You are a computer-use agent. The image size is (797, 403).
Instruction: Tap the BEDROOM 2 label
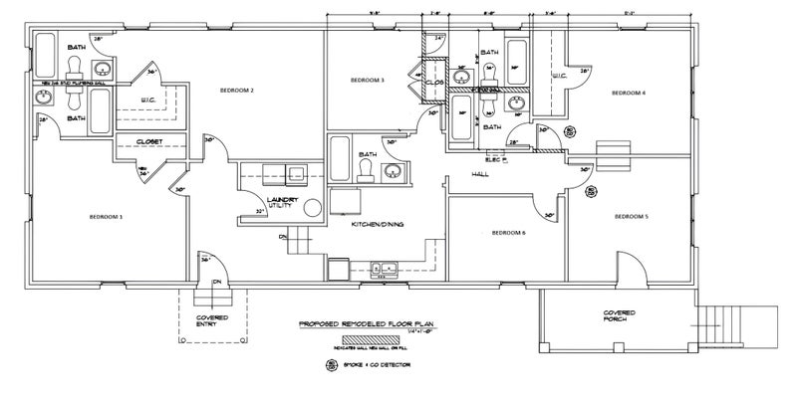tap(238, 91)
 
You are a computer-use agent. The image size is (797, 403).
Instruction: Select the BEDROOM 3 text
tap(368, 80)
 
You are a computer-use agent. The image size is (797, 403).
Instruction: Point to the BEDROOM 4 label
tap(629, 93)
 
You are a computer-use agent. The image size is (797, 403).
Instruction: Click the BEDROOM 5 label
tap(632, 216)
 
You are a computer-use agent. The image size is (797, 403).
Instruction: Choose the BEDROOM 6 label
tap(508, 233)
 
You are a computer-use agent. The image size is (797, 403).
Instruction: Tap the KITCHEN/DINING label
tap(376, 226)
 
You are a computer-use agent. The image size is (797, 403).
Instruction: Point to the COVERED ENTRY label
tap(212, 319)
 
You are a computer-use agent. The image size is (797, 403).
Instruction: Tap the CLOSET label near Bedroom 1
tap(148, 142)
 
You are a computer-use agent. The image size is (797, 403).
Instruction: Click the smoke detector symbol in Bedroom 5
tap(591, 191)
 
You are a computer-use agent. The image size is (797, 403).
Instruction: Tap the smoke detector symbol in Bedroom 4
tap(570, 129)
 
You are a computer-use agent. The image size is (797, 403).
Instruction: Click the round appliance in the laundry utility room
tap(311, 208)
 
